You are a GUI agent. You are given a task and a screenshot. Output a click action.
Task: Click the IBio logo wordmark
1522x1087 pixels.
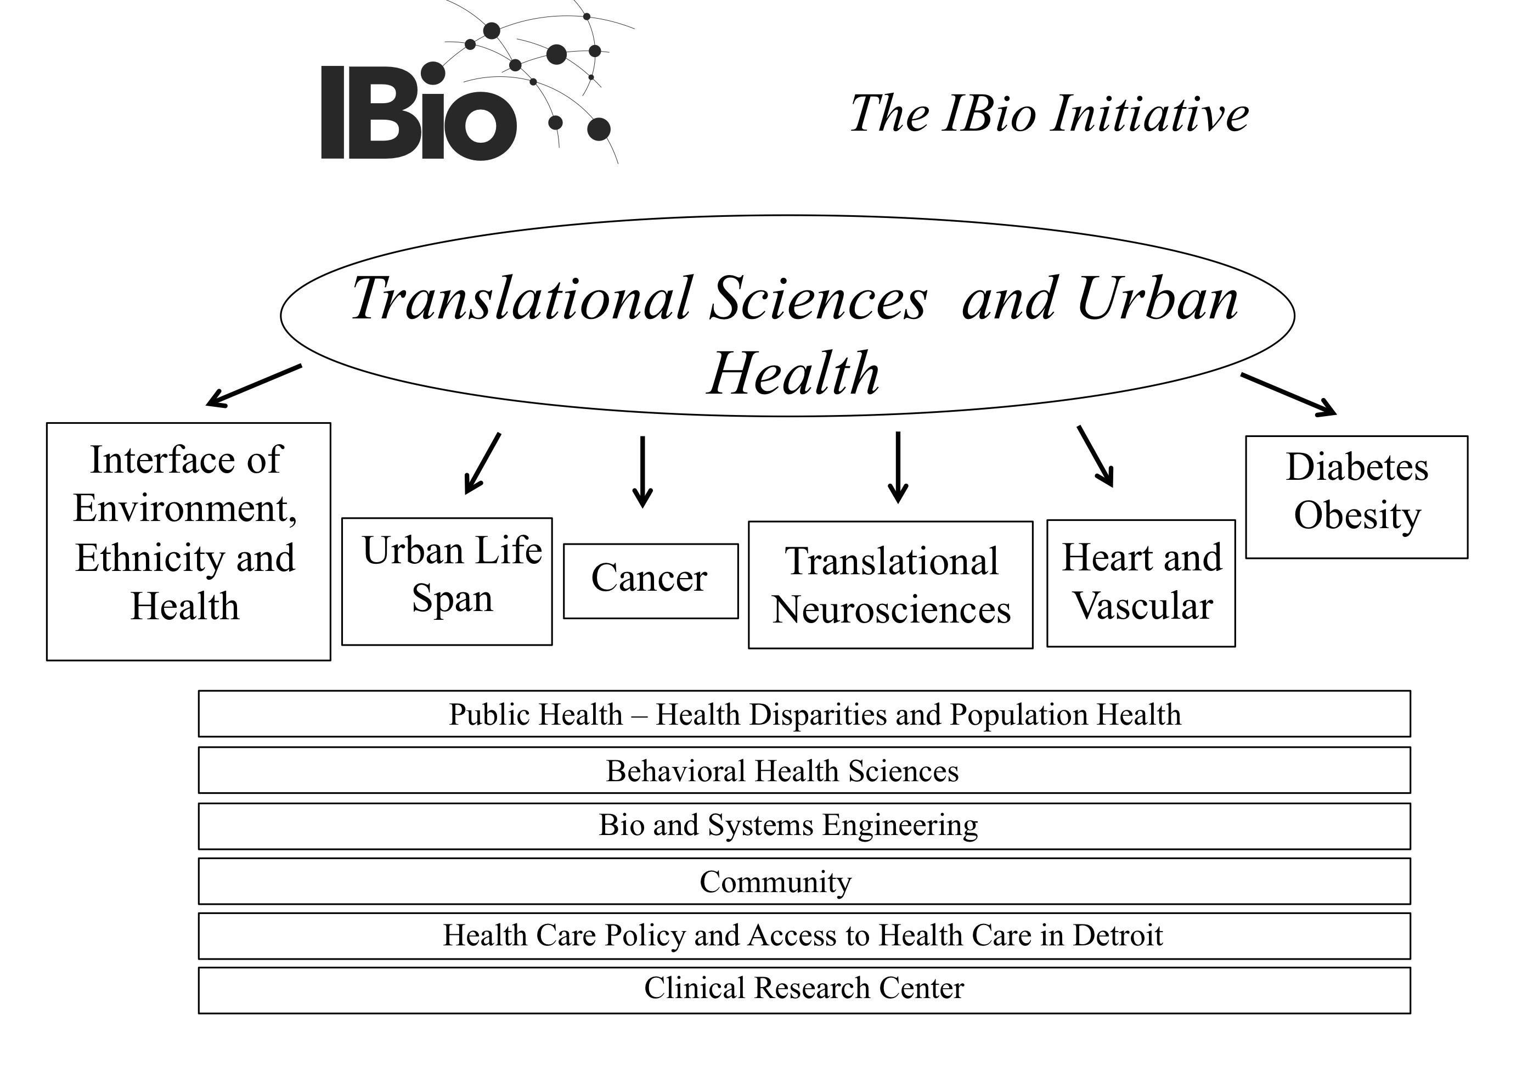pyautogui.click(x=419, y=112)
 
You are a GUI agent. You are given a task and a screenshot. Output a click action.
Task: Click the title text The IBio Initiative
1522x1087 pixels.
pyautogui.click(x=1049, y=113)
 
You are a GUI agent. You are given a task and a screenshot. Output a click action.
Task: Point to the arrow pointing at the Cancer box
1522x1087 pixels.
pyautogui.click(x=642, y=472)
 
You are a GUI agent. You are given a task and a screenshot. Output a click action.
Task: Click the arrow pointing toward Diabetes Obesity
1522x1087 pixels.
pyautogui.click(x=1288, y=395)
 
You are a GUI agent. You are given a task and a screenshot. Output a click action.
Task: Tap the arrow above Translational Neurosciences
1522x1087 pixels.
pyautogui.click(x=898, y=467)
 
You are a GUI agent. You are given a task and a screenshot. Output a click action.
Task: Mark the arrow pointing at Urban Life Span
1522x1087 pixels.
pyautogui.click(x=482, y=463)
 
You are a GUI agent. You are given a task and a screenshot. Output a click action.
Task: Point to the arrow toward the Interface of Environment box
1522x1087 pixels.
pyautogui.click(x=253, y=385)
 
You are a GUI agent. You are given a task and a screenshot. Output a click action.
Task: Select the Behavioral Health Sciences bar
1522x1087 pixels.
pyautogui.click(x=804, y=770)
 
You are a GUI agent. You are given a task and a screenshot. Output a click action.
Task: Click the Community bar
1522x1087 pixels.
pyautogui.click(x=804, y=881)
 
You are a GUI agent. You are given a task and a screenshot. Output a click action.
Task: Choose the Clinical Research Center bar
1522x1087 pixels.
pyautogui.click(x=804, y=990)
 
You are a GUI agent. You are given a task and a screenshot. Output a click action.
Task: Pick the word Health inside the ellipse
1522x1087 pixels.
pyautogui.click(x=793, y=373)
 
